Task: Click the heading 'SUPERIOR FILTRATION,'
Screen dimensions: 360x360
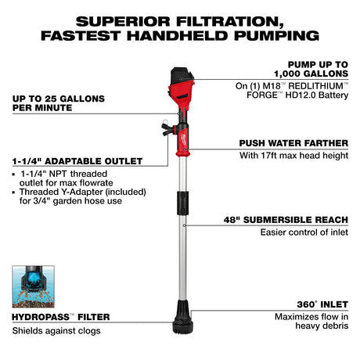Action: (x=179, y=19)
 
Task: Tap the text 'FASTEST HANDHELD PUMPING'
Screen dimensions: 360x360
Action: (x=179, y=34)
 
